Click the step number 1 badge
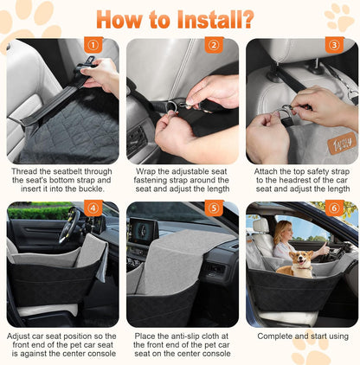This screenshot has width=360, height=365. tap(91, 45)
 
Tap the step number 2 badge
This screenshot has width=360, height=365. tap(213, 45)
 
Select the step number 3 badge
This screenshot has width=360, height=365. tap(333, 45)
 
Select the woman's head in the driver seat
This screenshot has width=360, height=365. tap(283, 229)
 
